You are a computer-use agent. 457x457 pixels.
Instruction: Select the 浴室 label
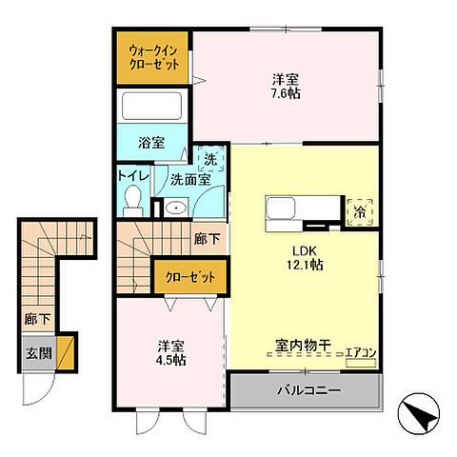(151, 142)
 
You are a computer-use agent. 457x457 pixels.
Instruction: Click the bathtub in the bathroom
(154, 106)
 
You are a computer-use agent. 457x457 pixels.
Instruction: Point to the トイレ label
(130, 176)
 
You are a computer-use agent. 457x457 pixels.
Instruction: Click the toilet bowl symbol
(133, 200)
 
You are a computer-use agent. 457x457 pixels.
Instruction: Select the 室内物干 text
(302, 348)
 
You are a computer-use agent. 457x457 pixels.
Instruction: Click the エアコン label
(362, 353)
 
